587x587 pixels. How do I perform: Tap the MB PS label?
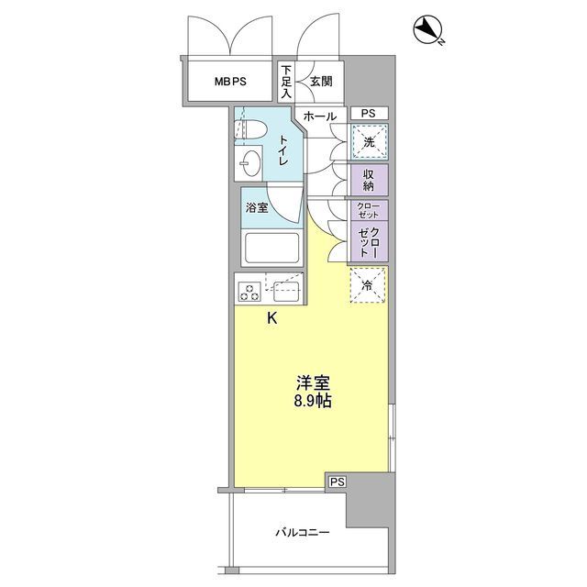click(231, 81)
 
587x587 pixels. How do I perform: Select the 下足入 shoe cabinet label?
click(286, 81)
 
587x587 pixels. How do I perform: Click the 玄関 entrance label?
click(321, 81)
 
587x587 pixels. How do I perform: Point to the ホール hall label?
click(319, 116)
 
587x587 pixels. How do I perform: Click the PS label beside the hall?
click(368, 113)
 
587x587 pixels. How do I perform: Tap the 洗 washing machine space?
click(368, 142)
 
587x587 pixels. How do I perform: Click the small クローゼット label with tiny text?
click(368, 208)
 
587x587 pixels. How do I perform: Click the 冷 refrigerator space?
click(368, 285)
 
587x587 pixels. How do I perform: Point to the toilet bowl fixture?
click(250, 128)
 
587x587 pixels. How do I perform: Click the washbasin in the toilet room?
click(249, 166)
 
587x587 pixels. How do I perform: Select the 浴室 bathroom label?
click(257, 207)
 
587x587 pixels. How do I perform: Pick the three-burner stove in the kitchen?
click(249, 292)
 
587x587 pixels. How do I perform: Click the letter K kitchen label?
click(271, 319)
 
